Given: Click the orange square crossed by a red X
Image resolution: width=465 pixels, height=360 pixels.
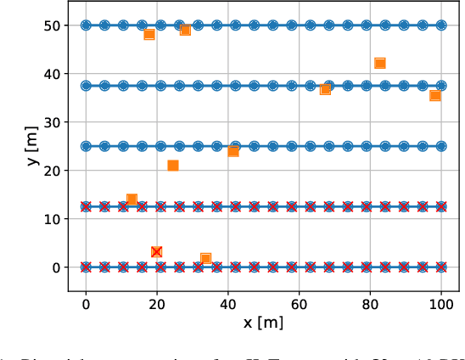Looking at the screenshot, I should click(156, 251).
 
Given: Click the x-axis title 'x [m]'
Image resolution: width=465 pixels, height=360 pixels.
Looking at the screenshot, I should click(263, 323).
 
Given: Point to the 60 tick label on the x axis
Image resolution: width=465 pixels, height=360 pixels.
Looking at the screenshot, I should click(299, 303).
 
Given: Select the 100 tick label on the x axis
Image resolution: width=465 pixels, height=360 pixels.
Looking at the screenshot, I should click(440, 303).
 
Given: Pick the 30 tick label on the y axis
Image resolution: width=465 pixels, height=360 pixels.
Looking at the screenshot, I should click(53, 122).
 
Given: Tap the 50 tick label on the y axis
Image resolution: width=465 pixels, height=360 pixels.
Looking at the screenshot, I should click(53, 25).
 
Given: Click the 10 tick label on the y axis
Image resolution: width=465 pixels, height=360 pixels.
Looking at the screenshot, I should click(53, 219).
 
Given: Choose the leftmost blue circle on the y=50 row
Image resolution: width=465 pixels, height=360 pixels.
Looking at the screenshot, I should click(86, 25).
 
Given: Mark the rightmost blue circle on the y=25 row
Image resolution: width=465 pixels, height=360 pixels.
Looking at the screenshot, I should click(440, 146).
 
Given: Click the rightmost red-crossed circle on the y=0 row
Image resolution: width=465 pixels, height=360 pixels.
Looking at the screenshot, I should click(440, 267).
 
